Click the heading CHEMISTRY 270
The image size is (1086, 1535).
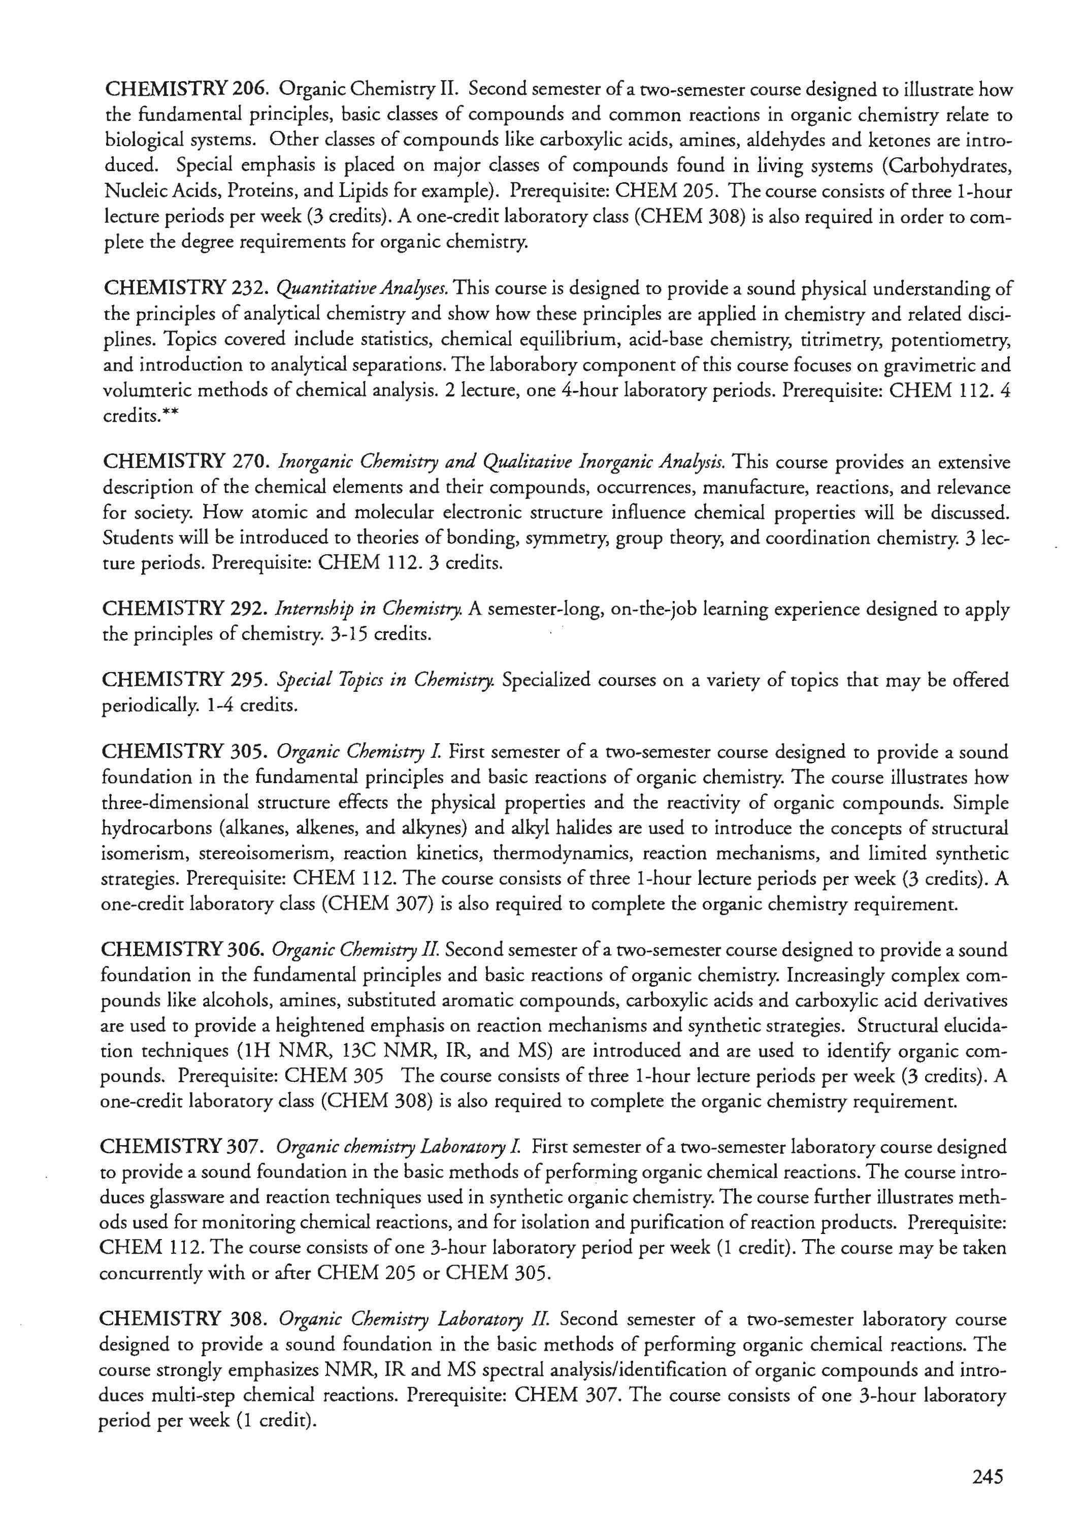coord(186,462)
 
